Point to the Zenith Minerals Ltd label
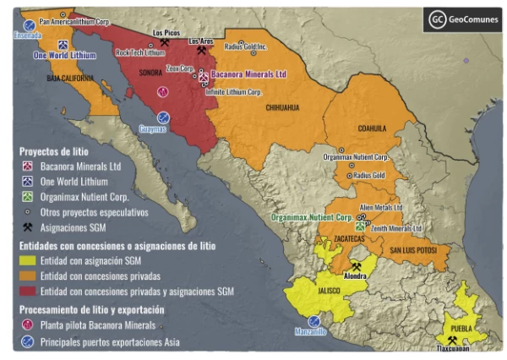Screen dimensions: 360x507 (x=393, y=228)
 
